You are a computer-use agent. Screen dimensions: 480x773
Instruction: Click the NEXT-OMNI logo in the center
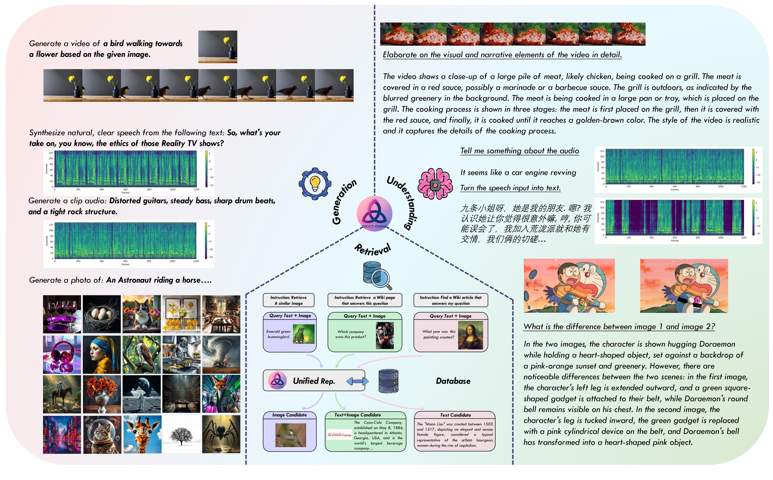tap(375, 213)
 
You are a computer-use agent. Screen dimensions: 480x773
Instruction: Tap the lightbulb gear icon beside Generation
tap(315, 184)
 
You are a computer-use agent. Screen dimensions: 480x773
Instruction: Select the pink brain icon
tap(435, 184)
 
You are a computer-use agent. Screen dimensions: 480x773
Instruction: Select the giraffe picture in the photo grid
tap(142, 434)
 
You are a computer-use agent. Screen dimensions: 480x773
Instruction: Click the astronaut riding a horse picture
tap(62, 394)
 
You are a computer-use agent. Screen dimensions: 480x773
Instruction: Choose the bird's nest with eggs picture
tap(102, 314)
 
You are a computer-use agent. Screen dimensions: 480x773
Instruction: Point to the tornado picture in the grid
tap(221, 354)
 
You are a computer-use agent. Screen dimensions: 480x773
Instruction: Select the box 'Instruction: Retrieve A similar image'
tap(288, 300)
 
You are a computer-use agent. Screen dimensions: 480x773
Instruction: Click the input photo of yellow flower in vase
tap(218, 47)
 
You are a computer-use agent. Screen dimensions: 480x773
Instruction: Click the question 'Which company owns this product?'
tap(351, 334)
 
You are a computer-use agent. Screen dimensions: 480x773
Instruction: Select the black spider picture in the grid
tap(221, 434)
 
